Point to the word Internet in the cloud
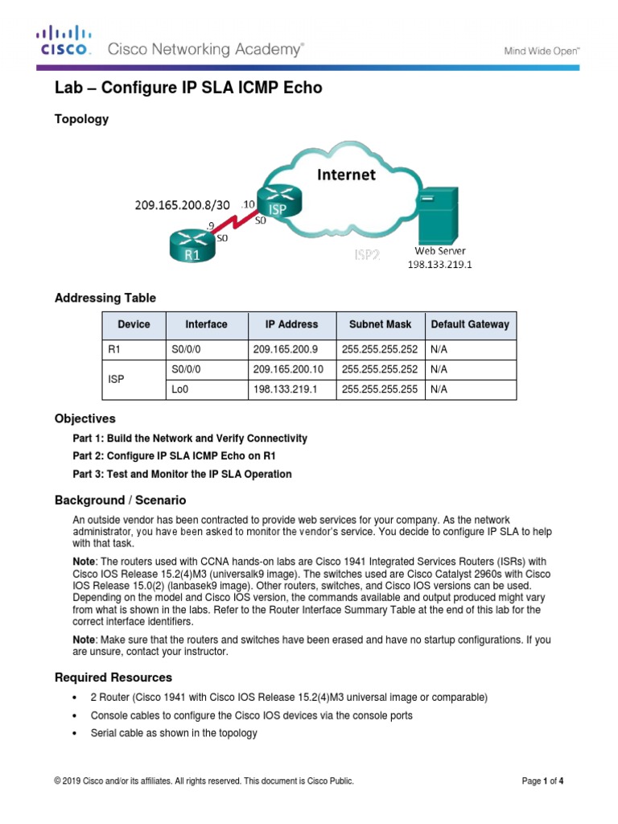point(345,174)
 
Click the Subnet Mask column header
point(380,325)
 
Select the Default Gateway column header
point(470,325)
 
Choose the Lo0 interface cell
point(180,389)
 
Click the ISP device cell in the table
point(117,379)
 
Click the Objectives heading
point(84,419)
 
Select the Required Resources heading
point(113,678)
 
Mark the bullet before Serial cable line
point(74,733)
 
